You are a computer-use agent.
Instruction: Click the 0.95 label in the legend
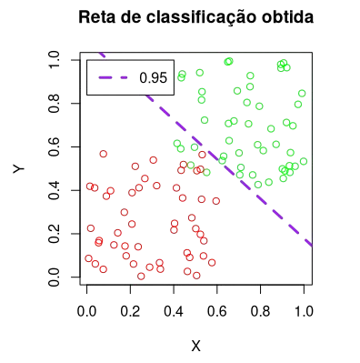coord(155,78)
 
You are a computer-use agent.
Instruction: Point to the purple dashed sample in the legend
coord(113,78)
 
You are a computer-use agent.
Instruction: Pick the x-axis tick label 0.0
coord(87,310)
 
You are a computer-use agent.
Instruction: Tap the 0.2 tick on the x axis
coord(130,310)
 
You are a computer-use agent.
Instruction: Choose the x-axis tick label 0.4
coord(174,310)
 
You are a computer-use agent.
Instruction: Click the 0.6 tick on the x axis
coord(217,310)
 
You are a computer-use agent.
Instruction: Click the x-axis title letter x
coord(195,345)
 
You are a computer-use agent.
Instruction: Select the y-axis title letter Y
coord(19,168)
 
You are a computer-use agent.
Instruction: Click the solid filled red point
coord(98,241)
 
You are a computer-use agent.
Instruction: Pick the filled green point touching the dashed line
coord(206,172)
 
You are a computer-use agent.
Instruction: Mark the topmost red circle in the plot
coord(103,155)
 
